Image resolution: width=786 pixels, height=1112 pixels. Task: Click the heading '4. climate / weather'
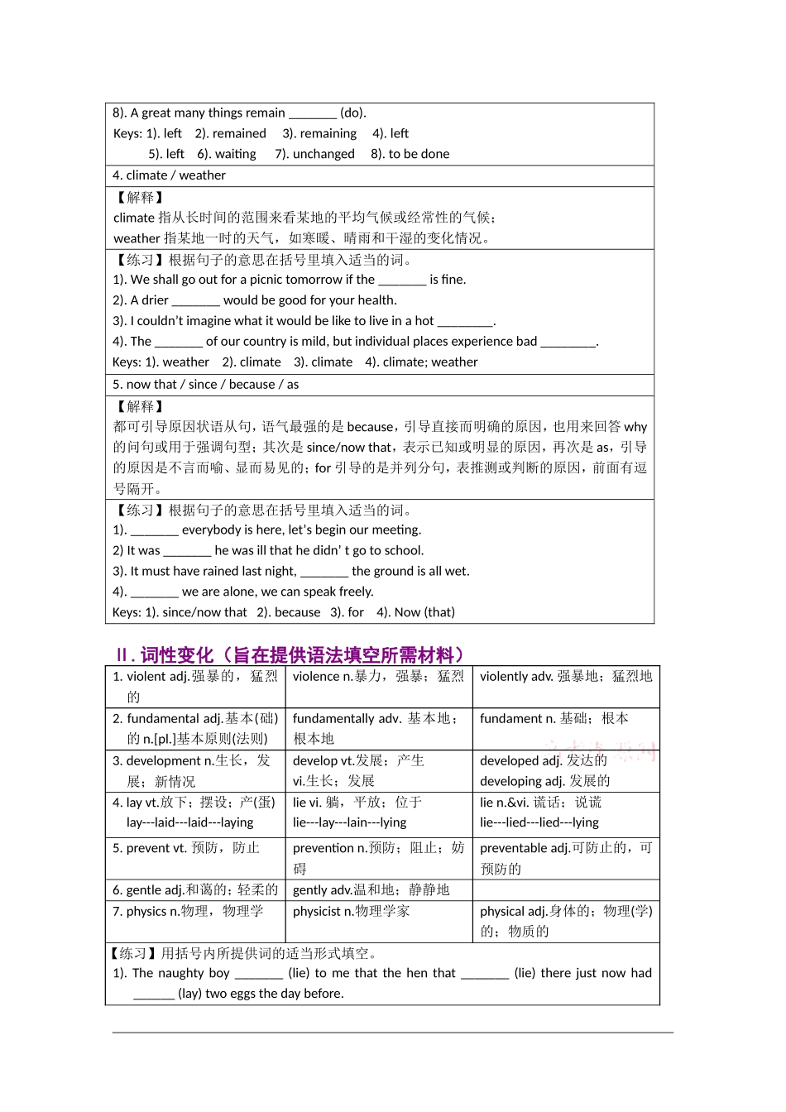[x=169, y=175]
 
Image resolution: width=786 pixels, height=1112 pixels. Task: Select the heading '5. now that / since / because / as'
[x=205, y=384]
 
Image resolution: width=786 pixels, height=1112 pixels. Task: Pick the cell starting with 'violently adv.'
[x=566, y=677]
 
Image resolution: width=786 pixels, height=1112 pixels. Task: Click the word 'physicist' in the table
[x=317, y=911]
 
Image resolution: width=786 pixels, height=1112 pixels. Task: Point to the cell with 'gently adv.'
[x=371, y=889]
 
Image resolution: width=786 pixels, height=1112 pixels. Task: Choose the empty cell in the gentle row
[x=566, y=889]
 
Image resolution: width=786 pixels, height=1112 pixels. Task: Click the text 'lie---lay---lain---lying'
[x=349, y=822]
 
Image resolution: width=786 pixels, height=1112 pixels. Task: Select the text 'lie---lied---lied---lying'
[x=539, y=822]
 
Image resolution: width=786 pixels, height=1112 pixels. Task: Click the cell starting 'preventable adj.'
[x=566, y=858]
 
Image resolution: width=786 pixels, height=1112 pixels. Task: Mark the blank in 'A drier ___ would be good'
[x=196, y=301]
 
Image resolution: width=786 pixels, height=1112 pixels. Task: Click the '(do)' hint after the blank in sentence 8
[x=352, y=113]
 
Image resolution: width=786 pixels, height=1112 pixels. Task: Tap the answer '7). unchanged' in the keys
[x=314, y=154]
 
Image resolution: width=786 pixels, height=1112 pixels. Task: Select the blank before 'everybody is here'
[x=155, y=530]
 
